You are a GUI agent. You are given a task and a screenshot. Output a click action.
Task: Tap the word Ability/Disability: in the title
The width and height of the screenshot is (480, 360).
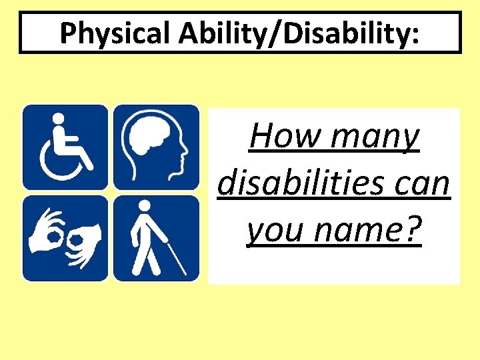pos(293,33)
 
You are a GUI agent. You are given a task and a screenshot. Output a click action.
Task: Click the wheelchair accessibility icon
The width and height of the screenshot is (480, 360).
pos(65,147)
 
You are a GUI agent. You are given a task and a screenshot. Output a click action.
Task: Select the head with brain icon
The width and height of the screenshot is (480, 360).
pos(156,147)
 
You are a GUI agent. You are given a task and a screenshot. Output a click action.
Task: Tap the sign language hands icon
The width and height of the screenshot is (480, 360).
pos(65,238)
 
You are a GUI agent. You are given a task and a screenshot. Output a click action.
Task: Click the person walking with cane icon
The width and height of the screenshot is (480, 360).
pos(156,238)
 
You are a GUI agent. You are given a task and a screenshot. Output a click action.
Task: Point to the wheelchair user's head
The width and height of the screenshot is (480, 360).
pos(58,119)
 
